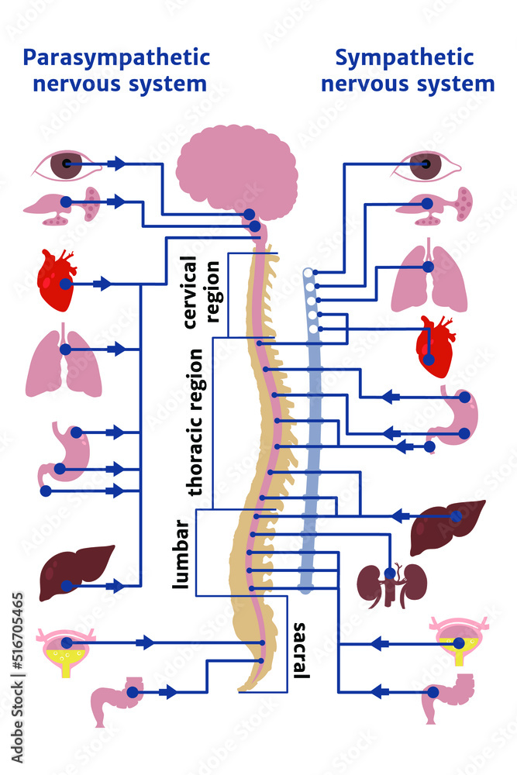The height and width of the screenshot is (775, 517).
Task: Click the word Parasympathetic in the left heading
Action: tap(116, 58)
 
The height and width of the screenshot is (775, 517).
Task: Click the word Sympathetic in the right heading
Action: tap(404, 58)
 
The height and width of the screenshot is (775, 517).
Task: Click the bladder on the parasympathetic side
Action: tap(67, 652)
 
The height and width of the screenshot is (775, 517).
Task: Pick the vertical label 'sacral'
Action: tap(301, 649)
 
